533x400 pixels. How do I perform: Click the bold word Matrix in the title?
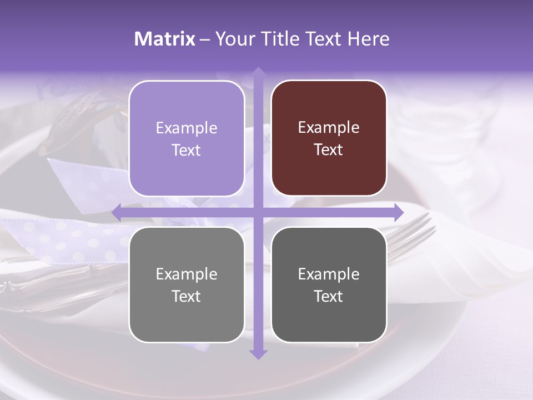click(x=165, y=39)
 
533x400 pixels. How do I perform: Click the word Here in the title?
click(x=368, y=39)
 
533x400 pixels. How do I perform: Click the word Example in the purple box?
click(x=187, y=128)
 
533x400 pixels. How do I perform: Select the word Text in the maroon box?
click(x=329, y=150)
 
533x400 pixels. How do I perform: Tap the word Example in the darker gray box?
click(x=329, y=274)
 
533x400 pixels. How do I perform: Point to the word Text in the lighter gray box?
click(x=187, y=297)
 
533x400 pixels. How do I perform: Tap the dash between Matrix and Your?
click(x=205, y=39)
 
